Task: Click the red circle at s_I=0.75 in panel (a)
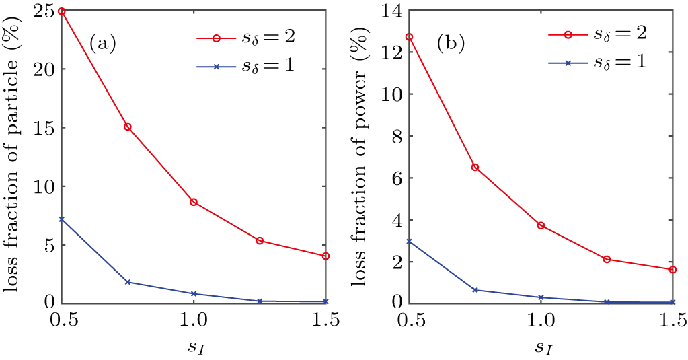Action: (128, 127)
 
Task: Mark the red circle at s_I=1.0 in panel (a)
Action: (194, 202)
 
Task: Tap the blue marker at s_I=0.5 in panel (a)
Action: (62, 219)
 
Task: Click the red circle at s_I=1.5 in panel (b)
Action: (673, 269)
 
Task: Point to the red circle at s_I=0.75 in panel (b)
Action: (475, 167)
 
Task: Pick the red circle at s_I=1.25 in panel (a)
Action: (260, 240)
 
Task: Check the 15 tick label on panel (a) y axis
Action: (44, 127)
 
